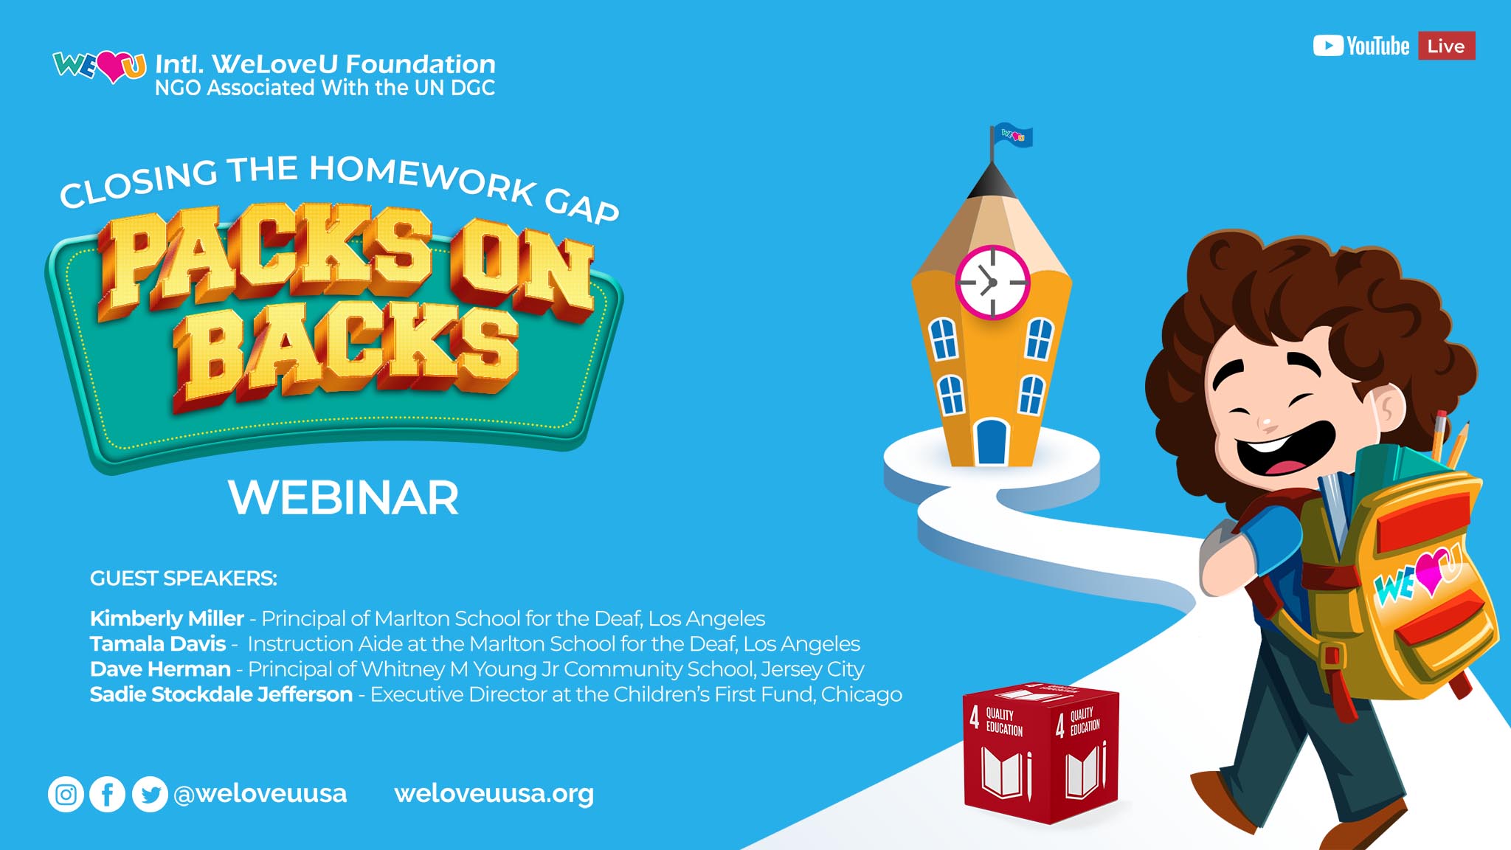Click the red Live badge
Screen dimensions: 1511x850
click(x=1446, y=46)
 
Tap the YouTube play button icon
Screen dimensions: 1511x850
click(x=1328, y=46)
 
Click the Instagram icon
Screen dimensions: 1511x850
click(x=66, y=795)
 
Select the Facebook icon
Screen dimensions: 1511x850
click(x=108, y=795)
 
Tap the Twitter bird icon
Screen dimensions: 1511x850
click(x=150, y=795)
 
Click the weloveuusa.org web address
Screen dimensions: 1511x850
click(x=494, y=794)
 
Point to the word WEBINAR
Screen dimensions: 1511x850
click(x=343, y=498)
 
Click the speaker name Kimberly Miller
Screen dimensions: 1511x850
click(x=167, y=618)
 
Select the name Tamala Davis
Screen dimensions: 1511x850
click(x=158, y=643)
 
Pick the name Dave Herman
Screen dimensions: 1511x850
click(x=160, y=668)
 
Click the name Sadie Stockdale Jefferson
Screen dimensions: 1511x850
click(x=221, y=694)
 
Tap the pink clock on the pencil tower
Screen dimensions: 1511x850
click(x=992, y=282)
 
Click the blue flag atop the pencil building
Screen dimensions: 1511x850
click(x=1012, y=136)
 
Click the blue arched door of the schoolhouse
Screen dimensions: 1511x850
click(x=992, y=442)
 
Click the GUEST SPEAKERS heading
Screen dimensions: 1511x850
click(x=184, y=578)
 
